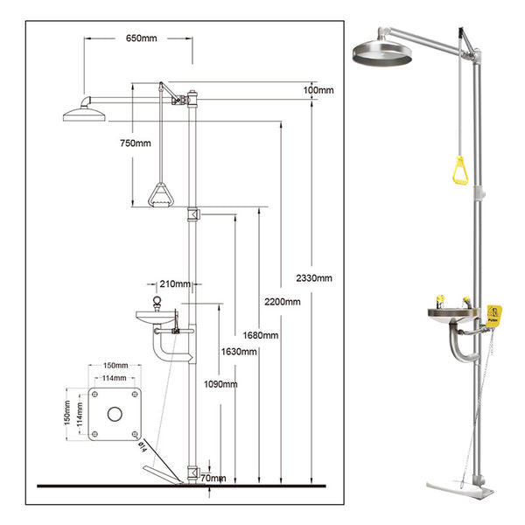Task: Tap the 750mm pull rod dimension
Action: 136,143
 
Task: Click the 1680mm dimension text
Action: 262,334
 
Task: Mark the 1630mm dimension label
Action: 240,352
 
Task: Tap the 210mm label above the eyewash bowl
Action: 176,283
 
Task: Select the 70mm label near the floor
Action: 213,479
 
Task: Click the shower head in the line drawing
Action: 84,111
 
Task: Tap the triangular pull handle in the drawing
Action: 159,194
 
